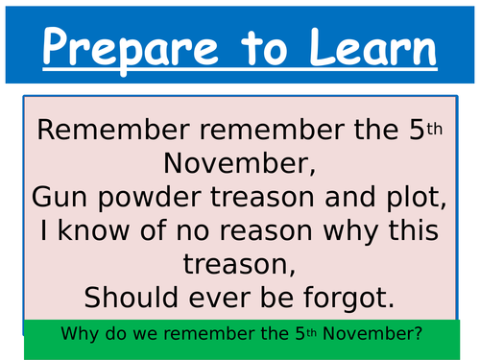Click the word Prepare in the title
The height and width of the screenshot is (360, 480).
[x=126, y=48]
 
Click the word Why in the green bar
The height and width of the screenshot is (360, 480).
[x=78, y=335]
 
